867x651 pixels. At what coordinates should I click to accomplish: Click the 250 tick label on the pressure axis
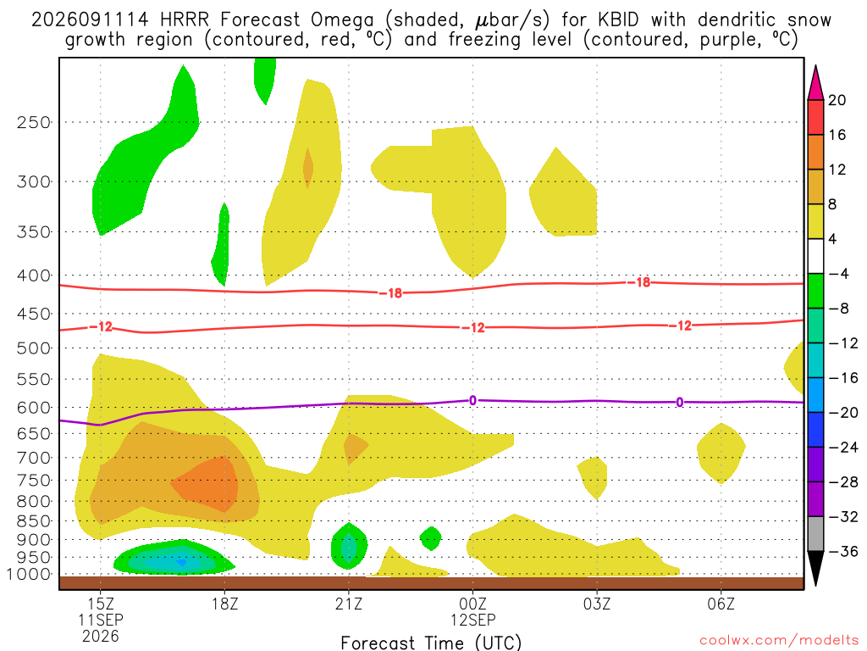tap(33, 122)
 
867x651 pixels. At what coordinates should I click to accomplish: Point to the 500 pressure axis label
tap(33, 348)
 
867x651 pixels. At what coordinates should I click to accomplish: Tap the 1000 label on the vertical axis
tap(29, 574)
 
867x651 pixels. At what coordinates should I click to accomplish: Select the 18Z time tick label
tap(224, 604)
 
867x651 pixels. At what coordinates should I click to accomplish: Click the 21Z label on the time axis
tap(348, 604)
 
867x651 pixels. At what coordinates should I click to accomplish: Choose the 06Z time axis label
tap(721, 604)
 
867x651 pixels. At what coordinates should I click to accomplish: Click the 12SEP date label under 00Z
tap(472, 620)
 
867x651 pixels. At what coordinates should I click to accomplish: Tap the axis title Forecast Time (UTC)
tap(431, 643)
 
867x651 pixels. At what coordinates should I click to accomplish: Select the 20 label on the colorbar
tap(837, 100)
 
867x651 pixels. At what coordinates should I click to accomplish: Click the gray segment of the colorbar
tap(815, 534)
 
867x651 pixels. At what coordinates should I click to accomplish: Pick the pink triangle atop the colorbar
tap(815, 84)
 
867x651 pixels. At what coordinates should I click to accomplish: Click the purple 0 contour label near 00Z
tap(472, 400)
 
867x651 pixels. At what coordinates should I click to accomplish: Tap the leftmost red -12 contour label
tap(102, 326)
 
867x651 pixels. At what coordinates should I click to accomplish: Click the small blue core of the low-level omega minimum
tap(181, 563)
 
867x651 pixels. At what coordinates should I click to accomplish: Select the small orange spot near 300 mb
tap(308, 168)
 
